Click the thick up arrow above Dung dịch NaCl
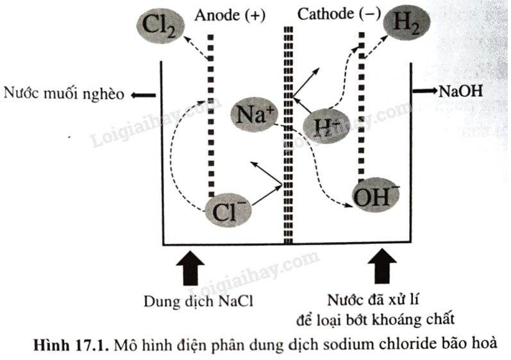tap(190, 266)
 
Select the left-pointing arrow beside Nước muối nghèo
tap(142, 96)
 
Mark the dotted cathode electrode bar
tap(363, 103)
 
